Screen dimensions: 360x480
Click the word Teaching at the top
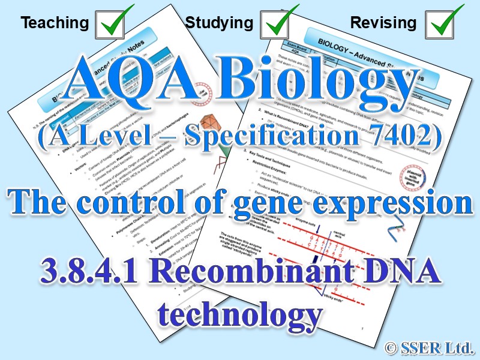(55, 23)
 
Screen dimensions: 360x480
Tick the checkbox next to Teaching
(113, 23)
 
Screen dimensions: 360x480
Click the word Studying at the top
(219, 23)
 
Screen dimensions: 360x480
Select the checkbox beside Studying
(278, 23)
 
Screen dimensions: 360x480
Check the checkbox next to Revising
(444, 23)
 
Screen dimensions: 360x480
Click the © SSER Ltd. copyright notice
(429, 346)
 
